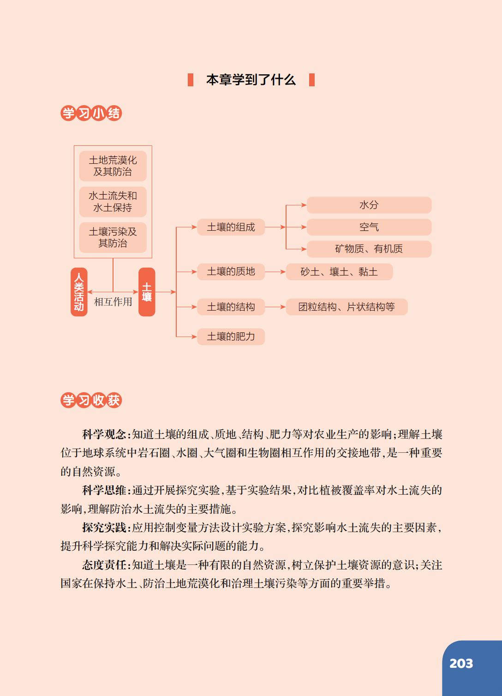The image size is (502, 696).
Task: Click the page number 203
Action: coord(461,663)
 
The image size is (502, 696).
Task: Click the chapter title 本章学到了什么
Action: coord(251,80)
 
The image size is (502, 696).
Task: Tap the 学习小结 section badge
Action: coord(91,113)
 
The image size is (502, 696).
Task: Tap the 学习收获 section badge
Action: coord(91,400)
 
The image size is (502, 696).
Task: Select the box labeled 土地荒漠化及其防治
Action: coord(113,166)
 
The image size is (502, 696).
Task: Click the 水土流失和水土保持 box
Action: coord(113,202)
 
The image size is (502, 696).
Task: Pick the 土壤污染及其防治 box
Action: coord(113,237)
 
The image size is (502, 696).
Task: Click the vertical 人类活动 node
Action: coord(79,292)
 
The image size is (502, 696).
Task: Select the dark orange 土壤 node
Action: coord(147,292)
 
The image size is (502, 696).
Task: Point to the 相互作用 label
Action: coord(113,302)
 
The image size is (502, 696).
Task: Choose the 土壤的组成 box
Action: coord(231,227)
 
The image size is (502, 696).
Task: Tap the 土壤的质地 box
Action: coord(231,271)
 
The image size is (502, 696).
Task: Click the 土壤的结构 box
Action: coord(231,307)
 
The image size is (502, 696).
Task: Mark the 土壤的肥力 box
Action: coord(231,336)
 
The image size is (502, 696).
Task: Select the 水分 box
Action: coord(369,205)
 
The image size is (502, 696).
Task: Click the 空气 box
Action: coord(369,227)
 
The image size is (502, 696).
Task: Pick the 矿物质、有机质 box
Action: coord(369,249)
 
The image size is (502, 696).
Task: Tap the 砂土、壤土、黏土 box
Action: coord(339,272)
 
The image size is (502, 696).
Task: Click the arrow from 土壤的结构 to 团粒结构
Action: coord(275,307)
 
